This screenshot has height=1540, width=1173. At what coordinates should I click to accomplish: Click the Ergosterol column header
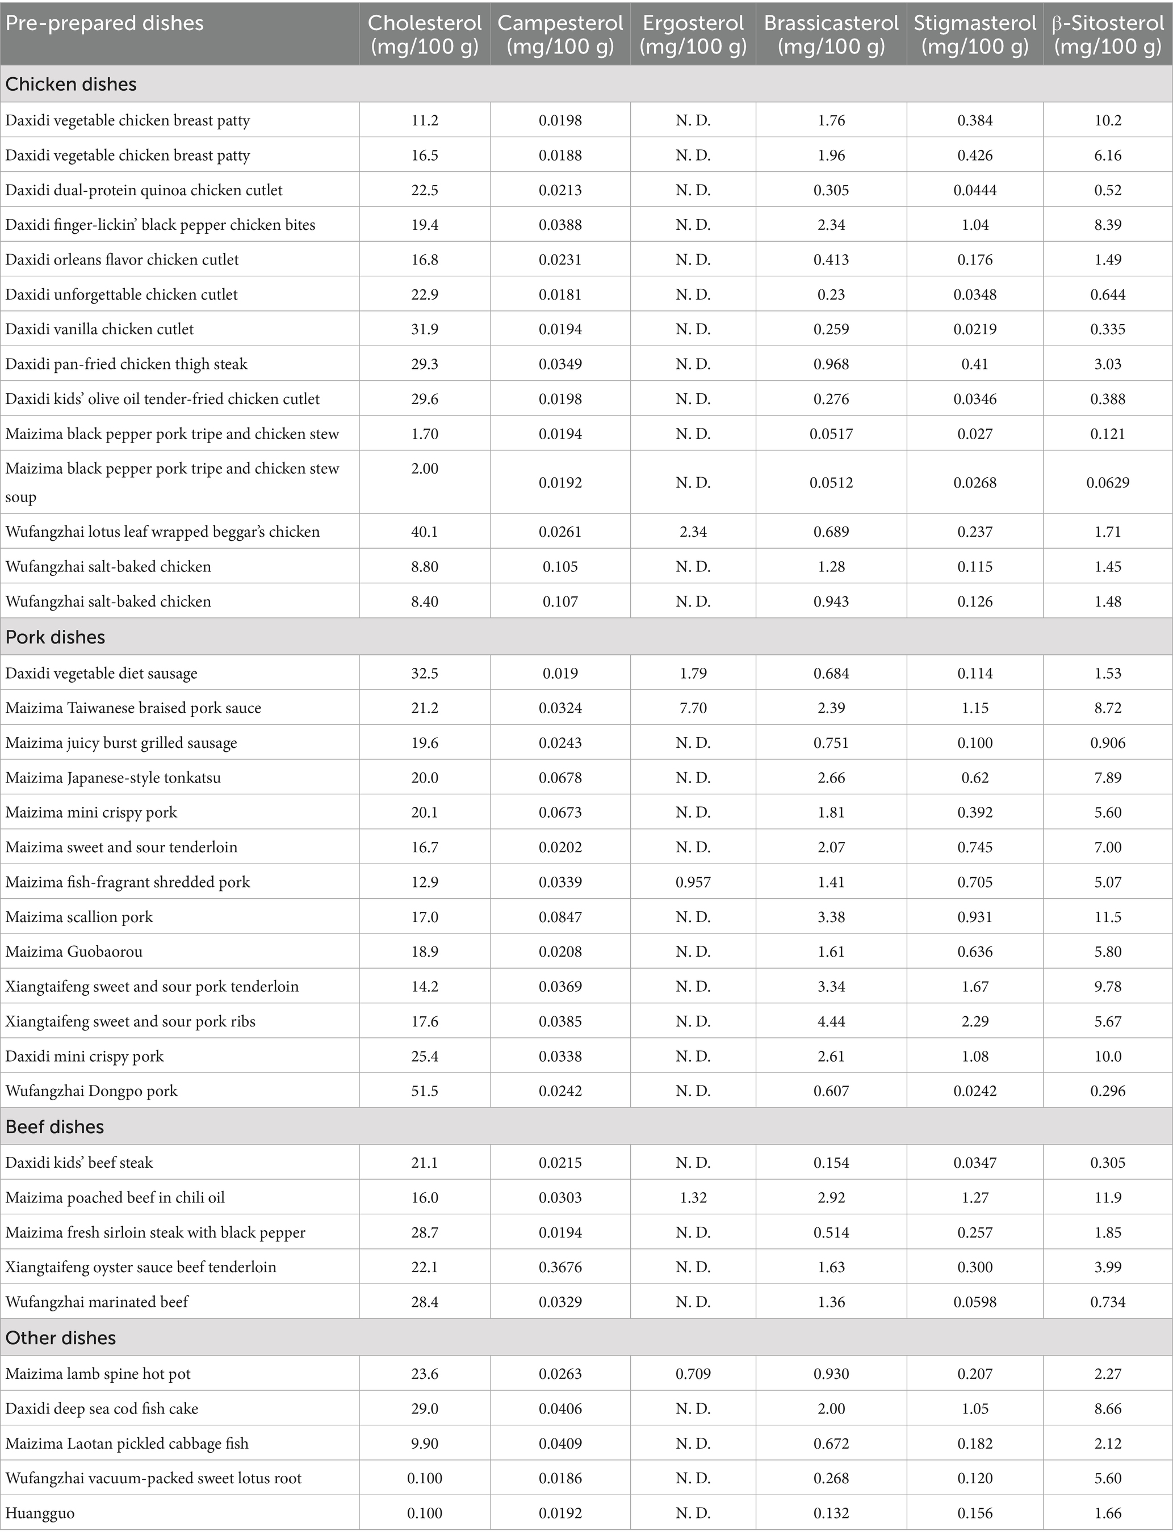[x=693, y=33]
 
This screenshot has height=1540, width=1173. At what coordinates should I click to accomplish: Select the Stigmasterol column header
[x=975, y=33]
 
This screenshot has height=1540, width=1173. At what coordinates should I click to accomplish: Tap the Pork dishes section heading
[x=55, y=637]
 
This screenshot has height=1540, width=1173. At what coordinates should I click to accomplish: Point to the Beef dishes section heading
[x=55, y=1127]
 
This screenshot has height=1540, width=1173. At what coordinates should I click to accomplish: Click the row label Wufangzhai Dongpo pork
[x=91, y=1091]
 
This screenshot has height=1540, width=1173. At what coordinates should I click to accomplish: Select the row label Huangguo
[x=40, y=1513]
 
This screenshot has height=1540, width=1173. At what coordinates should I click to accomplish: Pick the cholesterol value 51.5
[x=425, y=1091]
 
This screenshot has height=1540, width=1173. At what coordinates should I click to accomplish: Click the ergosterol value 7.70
[x=693, y=708]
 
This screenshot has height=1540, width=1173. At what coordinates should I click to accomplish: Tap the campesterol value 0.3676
[x=560, y=1267]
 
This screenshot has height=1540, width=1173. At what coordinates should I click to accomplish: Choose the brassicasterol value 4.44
[x=831, y=1021]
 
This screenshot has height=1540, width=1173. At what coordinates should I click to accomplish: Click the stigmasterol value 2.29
[x=975, y=1021]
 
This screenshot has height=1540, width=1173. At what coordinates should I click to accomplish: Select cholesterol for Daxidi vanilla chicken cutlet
[x=425, y=329]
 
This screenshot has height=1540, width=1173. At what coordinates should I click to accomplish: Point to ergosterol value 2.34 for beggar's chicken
[x=693, y=532]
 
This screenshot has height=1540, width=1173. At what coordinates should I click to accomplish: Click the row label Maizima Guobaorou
[x=74, y=952]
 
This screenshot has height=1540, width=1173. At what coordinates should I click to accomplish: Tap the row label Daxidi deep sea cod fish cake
[x=102, y=1409]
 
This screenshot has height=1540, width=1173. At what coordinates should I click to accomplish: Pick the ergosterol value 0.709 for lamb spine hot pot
[x=693, y=1374]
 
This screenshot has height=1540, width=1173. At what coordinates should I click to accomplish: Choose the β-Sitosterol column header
[x=1107, y=33]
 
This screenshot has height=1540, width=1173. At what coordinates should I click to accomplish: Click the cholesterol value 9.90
[x=425, y=1444]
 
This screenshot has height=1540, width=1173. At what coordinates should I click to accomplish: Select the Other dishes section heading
[x=61, y=1337]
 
